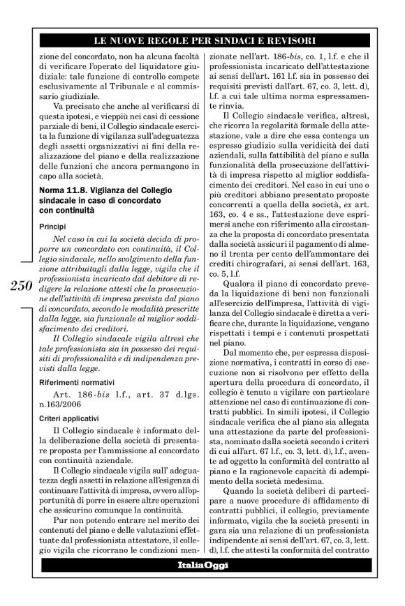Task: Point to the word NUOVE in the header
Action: (x=138, y=41)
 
